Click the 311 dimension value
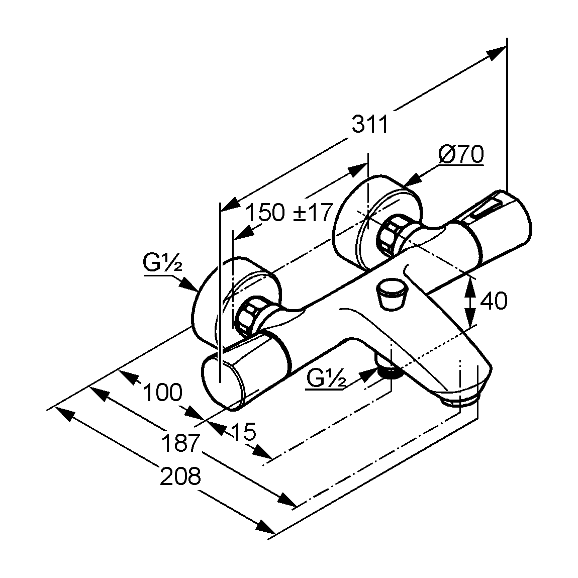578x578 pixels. point(370,124)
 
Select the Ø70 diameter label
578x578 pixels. point(460,154)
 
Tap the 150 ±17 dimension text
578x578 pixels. point(290,213)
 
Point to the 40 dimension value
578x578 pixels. point(494,301)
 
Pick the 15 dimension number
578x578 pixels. point(243,431)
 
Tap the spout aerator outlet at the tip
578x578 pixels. point(458,401)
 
